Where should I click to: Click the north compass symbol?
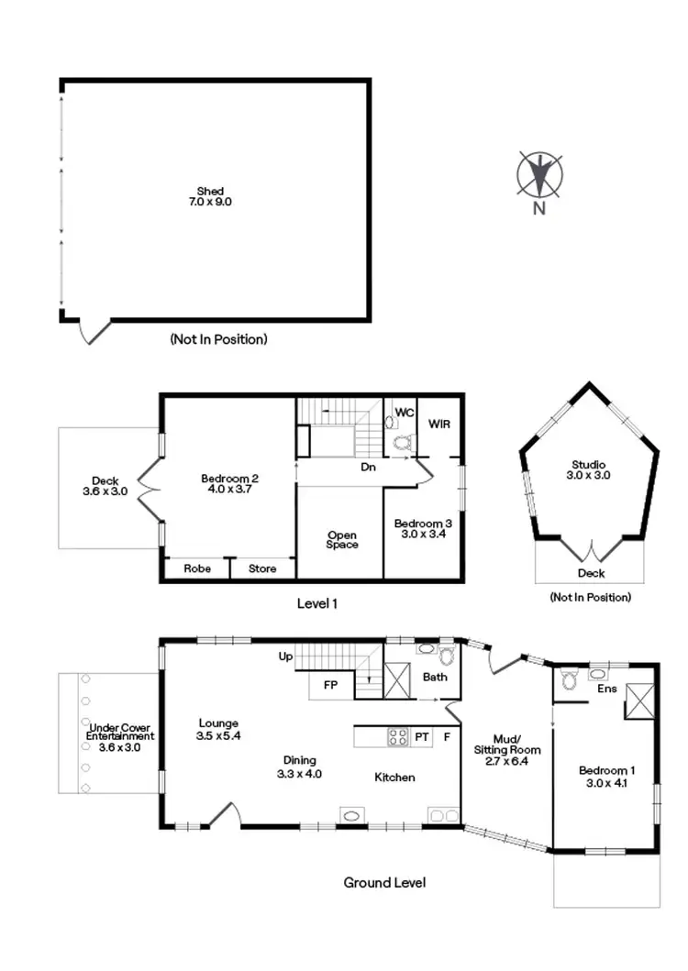(x=539, y=175)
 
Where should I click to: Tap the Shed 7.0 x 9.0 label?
(x=210, y=196)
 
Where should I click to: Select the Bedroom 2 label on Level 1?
(x=230, y=483)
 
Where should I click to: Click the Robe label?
(x=197, y=568)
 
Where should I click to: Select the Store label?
(x=263, y=568)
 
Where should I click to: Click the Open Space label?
(x=341, y=539)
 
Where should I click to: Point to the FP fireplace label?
(x=330, y=684)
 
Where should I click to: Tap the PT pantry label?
(x=422, y=735)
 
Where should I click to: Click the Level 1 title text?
(x=317, y=603)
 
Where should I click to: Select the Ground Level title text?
(x=384, y=882)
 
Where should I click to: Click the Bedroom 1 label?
(x=605, y=777)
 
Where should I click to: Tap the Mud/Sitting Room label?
(x=507, y=749)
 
